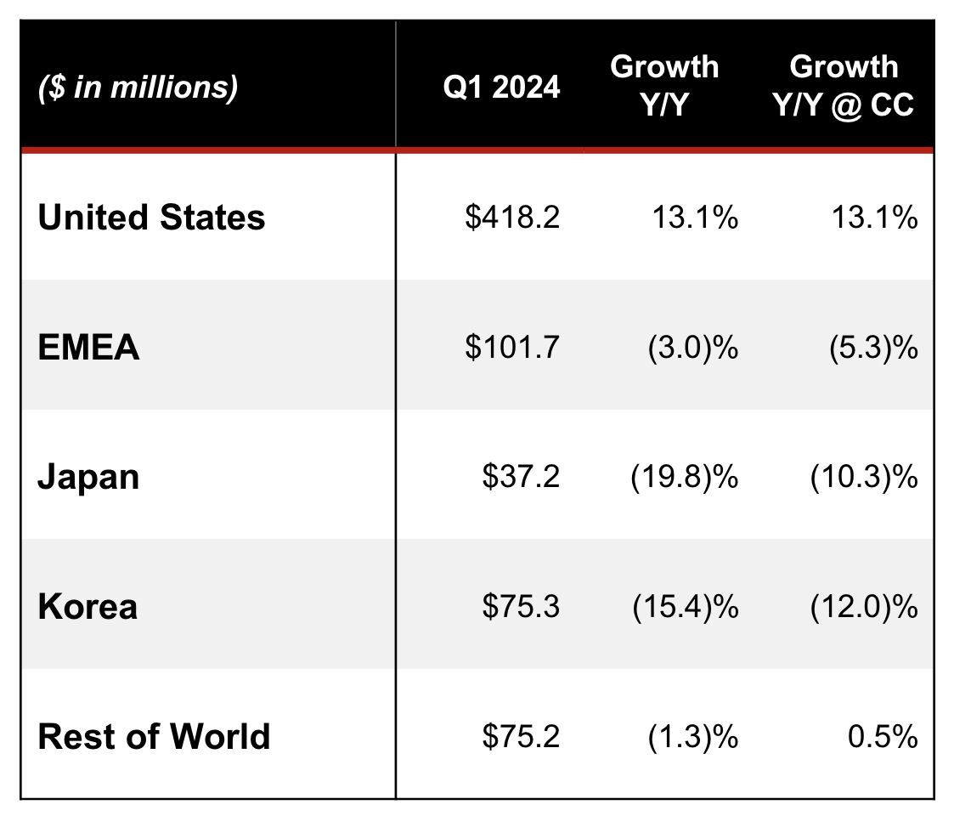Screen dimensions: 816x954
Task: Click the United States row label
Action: point(152,218)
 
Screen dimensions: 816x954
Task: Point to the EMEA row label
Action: point(89,348)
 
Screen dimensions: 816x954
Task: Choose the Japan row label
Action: point(88,477)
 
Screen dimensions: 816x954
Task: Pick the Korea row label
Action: point(87,607)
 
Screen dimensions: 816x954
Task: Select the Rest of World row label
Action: point(155,736)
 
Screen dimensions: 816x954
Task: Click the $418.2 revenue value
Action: point(512,218)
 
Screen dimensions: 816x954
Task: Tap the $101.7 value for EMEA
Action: point(512,348)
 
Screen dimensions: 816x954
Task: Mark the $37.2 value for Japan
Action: point(521,478)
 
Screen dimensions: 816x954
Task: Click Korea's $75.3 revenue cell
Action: point(521,607)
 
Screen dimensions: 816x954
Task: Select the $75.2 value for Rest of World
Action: point(521,737)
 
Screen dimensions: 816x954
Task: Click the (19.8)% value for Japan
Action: point(685,478)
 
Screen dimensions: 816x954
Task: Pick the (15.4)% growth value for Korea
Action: point(685,607)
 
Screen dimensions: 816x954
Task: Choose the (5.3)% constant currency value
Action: point(872,348)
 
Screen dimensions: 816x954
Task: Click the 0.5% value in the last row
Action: point(883,737)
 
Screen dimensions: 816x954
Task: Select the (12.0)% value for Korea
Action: point(864,607)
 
